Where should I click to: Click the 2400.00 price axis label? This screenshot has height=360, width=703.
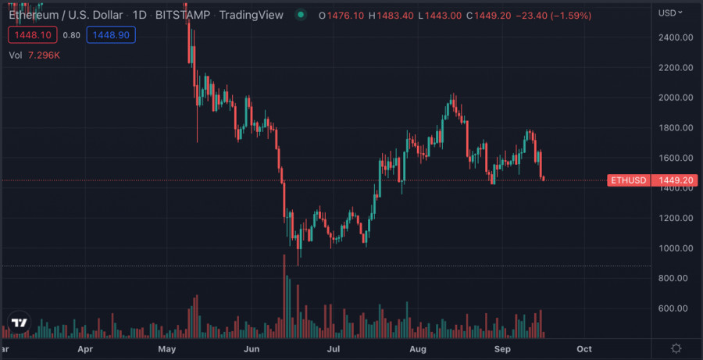676,37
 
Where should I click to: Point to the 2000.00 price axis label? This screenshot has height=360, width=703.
676,98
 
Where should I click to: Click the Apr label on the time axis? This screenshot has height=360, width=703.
86,348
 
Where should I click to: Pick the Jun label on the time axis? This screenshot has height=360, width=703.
252,348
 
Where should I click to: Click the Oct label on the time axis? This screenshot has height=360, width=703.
583,348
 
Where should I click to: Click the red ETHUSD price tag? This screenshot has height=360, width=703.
628,180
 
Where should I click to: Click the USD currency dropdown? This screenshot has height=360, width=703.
671,12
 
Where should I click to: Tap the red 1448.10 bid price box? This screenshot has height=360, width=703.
32,34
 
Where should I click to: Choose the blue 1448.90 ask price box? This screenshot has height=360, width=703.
109,34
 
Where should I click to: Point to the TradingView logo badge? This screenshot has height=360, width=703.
20,323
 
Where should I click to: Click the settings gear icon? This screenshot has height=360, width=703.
676,348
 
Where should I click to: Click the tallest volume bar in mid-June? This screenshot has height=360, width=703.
284,297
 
